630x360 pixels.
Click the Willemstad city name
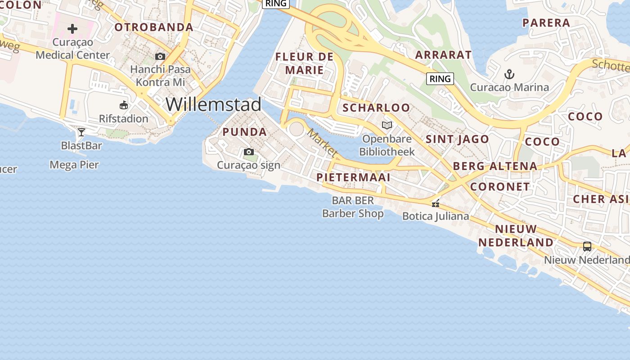tap(213, 104)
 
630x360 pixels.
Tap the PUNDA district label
tap(245, 132)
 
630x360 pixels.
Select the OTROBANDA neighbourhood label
tap(154, 27)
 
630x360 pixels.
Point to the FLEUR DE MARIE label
tap(304, 63)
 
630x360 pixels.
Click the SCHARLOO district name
tap(376, 108)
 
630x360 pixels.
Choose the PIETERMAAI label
tap(353, 177)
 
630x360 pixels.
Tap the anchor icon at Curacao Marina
tap(509, 74)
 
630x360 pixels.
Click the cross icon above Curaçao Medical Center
tap(72, 29)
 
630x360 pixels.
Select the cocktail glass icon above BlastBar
tap(81, 132)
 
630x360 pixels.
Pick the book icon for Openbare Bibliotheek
tap(387, 126)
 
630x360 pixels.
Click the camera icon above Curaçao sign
tap(248, 152)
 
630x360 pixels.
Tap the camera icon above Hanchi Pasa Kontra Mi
tap(160, 57)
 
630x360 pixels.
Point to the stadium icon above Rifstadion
tap(124, 106)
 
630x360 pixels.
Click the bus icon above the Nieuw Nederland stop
tap(587, 247)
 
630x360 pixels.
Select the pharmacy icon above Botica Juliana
tap(436, 203)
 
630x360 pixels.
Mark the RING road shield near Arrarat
tap(440, 79)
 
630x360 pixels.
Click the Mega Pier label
tap(74, 165)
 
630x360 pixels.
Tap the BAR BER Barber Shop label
tap(353, 207)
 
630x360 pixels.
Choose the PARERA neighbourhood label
tap(546, 22)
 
